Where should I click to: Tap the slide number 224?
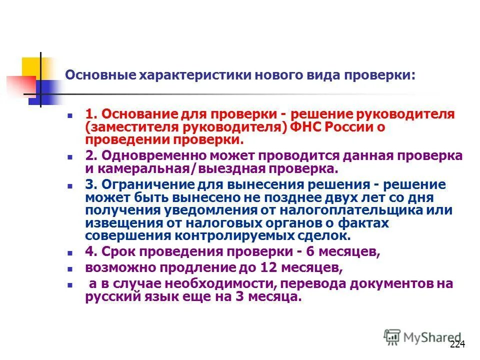click(457, 344)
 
